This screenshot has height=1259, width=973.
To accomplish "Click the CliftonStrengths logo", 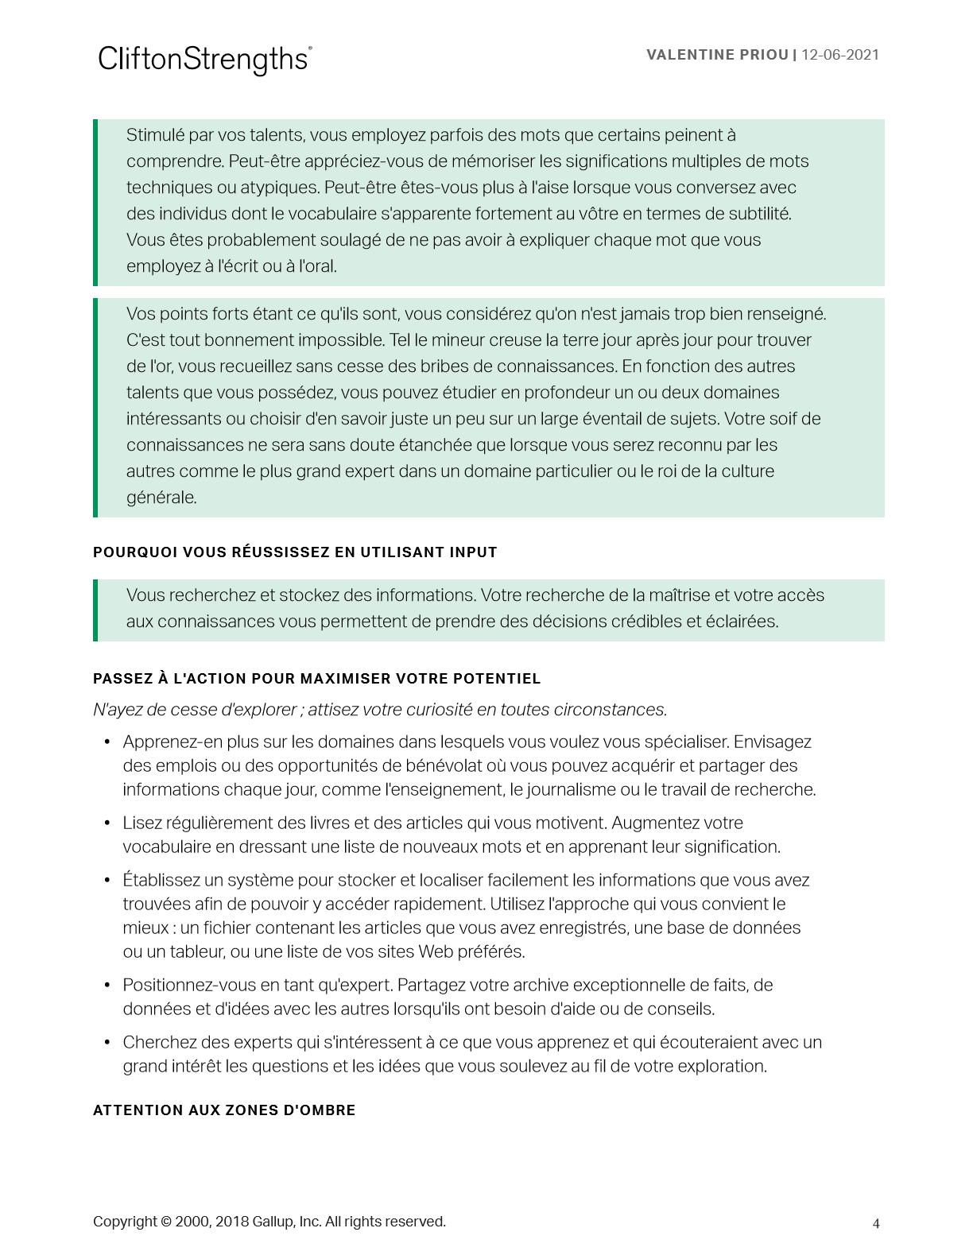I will [204, 60].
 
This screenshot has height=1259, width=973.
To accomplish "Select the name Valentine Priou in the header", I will [717, 55].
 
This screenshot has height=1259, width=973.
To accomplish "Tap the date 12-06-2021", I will [840, 55].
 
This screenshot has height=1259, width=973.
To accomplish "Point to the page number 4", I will [876, 1224].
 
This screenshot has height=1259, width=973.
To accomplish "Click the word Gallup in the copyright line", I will [273, 1222].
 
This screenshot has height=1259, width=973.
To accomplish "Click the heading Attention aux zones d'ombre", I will [224, 1110].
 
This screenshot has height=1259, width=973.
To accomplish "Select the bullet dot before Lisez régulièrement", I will [107, 823].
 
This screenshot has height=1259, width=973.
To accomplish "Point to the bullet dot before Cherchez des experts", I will [107, 1042].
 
